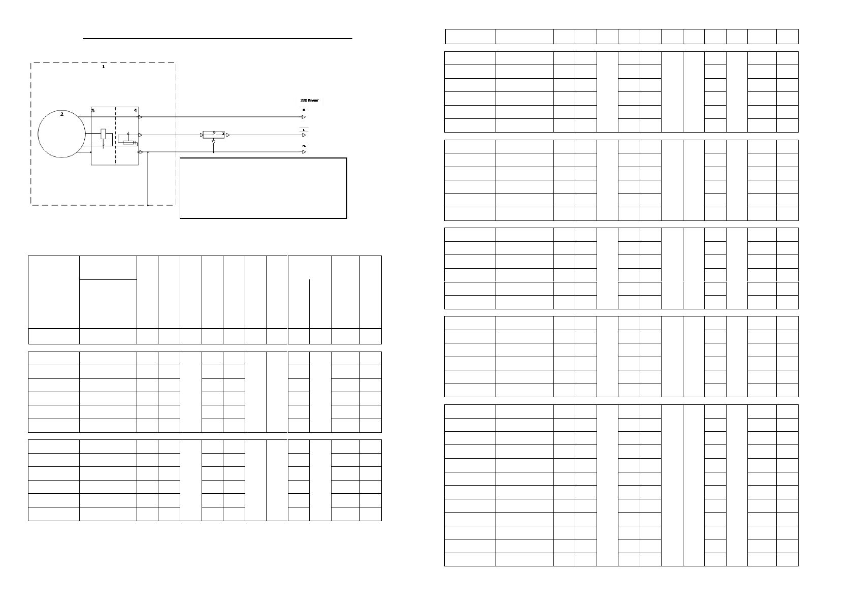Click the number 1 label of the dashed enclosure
104,67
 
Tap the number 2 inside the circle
62,114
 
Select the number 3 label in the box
93,110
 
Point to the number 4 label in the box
135,110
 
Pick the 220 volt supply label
310,102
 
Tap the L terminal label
304,130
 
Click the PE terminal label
304,146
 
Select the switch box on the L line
214,135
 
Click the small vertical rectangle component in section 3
104,134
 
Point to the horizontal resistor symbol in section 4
128,143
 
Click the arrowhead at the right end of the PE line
304,152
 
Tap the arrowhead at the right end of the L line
304,135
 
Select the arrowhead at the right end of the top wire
304,117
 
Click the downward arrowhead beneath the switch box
214,144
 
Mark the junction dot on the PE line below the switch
214,152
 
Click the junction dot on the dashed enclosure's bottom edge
148,205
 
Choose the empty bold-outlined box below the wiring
264,188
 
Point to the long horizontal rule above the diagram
217,38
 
